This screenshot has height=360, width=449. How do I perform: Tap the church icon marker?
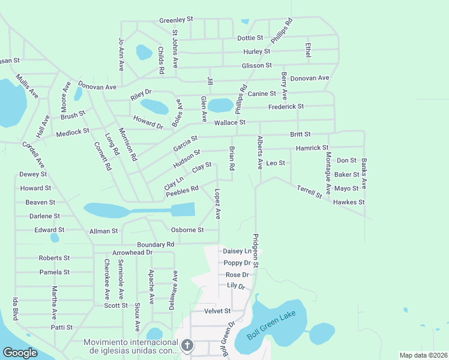187,345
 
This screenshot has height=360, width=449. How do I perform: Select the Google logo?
20,353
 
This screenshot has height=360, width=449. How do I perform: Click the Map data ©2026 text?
423,355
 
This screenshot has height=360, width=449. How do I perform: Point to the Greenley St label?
176,20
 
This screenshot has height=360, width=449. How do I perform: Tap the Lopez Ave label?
218,205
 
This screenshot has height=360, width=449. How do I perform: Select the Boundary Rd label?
155,245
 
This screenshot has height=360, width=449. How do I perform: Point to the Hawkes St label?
349,202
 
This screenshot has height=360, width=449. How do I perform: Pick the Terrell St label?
309,193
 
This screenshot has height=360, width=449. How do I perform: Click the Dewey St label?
33,174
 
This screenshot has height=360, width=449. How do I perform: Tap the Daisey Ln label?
237,251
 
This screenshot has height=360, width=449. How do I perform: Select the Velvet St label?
217,311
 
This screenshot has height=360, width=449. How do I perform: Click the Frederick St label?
286,106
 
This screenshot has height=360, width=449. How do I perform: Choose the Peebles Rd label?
182,190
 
